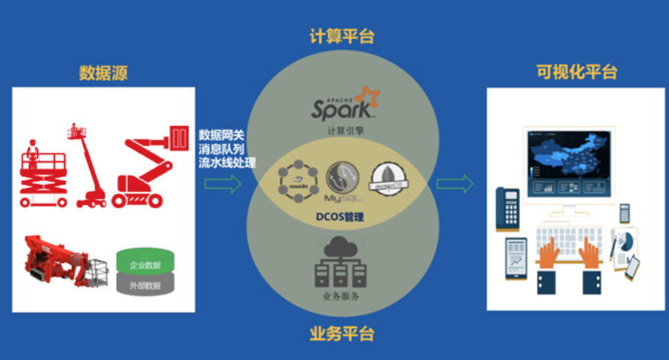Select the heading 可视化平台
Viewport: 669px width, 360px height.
577,72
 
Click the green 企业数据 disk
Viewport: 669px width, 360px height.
146,263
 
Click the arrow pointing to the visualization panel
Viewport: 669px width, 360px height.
454,183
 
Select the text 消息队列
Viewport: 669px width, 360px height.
221,148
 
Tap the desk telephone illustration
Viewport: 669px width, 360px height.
509,210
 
